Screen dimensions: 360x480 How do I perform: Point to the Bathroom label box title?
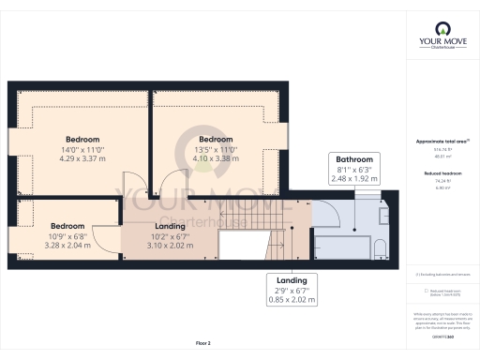click(356, 159)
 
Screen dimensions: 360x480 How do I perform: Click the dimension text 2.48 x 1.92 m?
click(356, 178)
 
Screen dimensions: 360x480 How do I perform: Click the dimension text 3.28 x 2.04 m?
click(67, 245)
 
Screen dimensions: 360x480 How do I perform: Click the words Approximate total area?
click(440, 142)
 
